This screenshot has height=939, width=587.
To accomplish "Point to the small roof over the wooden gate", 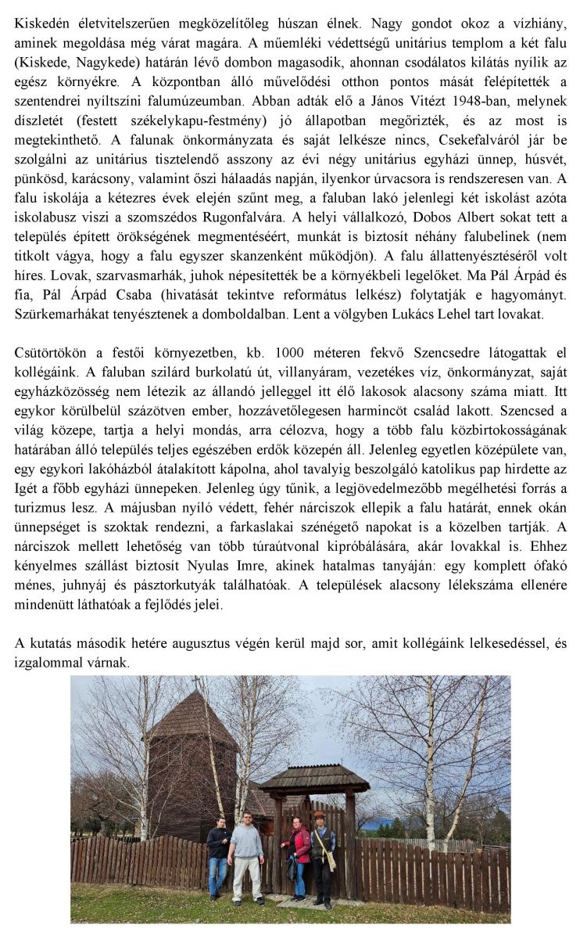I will [x=314, y=778].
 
